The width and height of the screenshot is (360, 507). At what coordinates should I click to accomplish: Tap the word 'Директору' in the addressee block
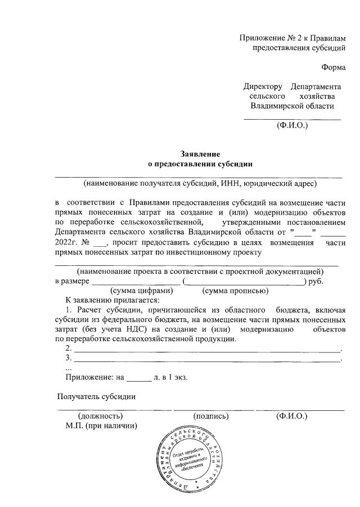[x=263, y=87]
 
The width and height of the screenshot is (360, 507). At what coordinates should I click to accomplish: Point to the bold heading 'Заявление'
[x=200, y=154]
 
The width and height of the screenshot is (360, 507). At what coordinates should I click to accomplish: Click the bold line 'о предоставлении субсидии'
[x=200, y=164]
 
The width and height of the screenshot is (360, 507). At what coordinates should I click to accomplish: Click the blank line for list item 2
[x=208, y=350]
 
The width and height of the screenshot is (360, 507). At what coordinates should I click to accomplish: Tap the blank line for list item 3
[x=208, y=360]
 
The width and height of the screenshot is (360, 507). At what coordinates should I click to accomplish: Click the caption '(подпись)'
[x=211, y=416]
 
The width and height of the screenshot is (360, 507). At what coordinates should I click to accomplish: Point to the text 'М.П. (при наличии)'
[x=102, y=426]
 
